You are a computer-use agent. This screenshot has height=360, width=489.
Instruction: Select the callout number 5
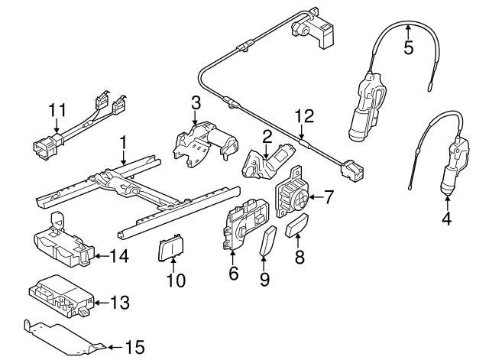408,47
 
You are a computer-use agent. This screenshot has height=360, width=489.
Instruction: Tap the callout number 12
305,117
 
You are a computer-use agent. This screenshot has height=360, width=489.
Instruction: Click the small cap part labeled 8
297,228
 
